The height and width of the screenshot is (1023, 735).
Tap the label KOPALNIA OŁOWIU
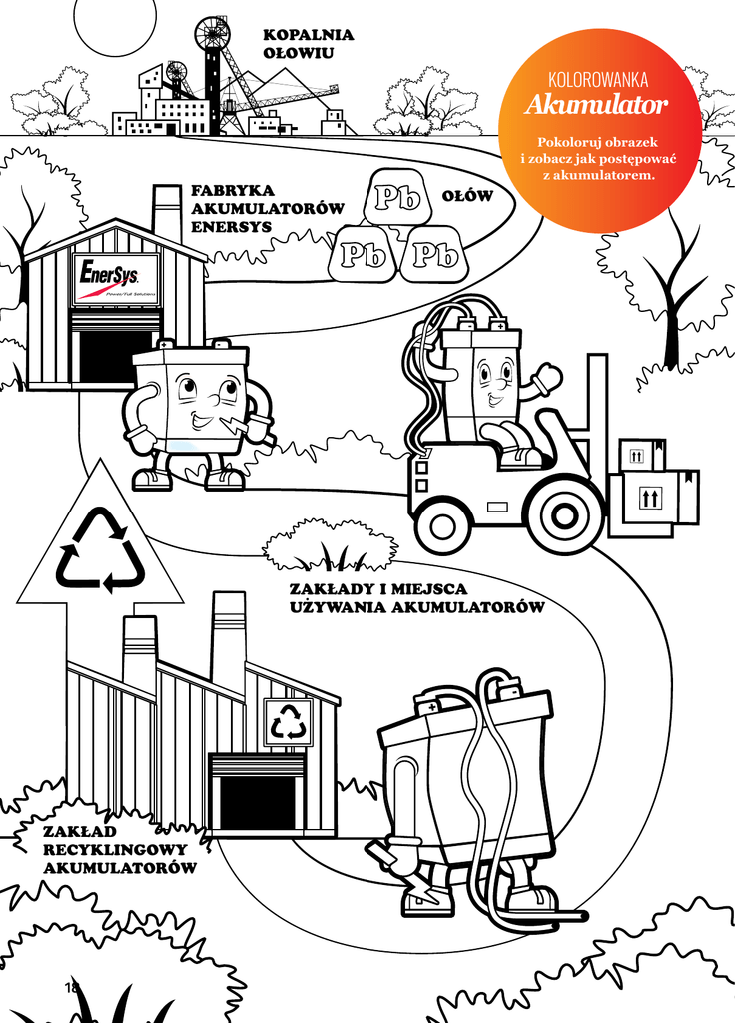click(308, 43)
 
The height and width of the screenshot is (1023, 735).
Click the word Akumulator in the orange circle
click(597, 104)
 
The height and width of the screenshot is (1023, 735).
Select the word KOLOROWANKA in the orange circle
click(598, 80)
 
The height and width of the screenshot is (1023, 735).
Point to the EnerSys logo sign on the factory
click(116, 279)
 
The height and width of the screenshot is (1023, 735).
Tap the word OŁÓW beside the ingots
click(467, 196)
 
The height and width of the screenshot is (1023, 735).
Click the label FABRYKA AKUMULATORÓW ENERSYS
click(267, 209)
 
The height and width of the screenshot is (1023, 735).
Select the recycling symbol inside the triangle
click(101, 551)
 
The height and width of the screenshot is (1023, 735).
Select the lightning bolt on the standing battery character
click(232, 425)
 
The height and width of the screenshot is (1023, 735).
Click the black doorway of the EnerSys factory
click(116, 358)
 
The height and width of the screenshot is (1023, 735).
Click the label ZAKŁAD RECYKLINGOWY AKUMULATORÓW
click(120, 850)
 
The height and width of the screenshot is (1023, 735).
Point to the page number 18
click(71, 986)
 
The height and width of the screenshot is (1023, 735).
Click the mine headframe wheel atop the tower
click(212, 31)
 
